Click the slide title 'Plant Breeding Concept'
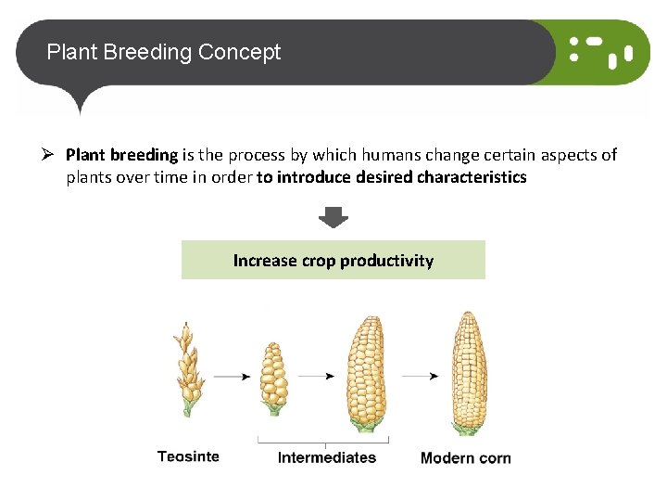[163, 52]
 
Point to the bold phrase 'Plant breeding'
[121, 155]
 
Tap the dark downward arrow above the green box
[333, 218]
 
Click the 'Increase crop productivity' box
[333, 260]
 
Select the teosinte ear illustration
[189, 369]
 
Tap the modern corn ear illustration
[468, 373]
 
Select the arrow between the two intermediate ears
[317, 376]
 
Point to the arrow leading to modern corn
[420, 376]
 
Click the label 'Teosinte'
[188, 456]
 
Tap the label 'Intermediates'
[327, 457]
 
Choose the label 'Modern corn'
[465, 457]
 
